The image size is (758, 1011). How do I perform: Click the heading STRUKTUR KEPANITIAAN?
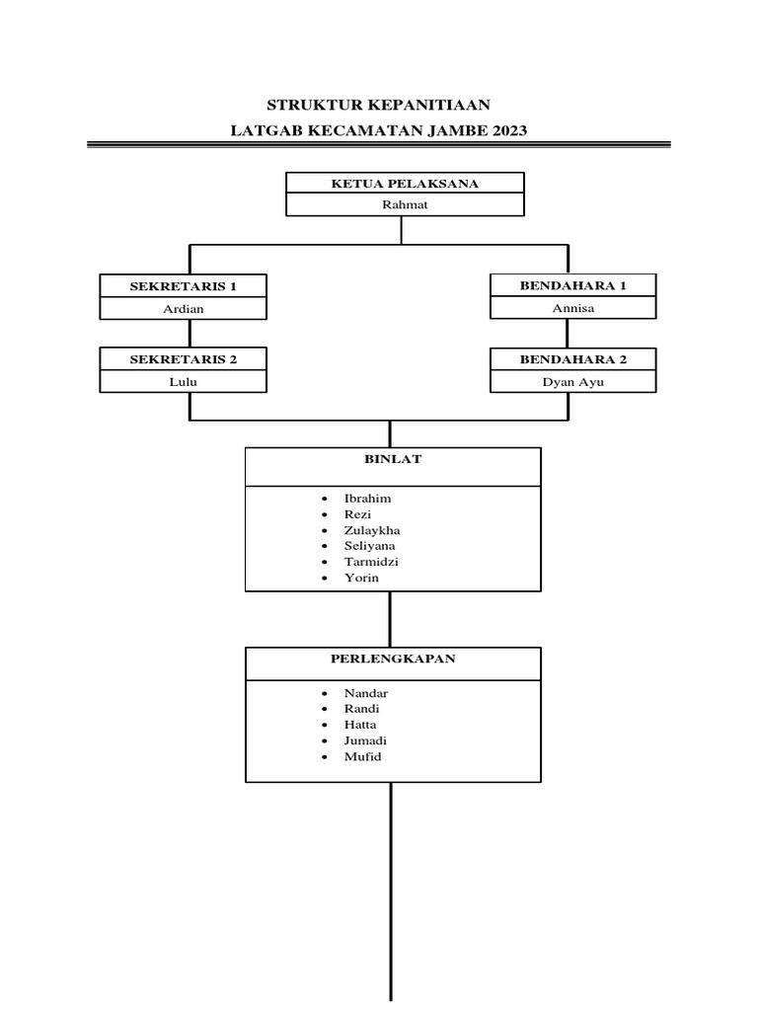point(379,105)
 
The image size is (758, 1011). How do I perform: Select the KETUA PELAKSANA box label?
point(405,184)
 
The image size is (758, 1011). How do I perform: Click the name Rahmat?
point(405,205)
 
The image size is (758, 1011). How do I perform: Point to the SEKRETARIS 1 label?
point(184,286)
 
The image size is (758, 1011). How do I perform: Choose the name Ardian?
point(184,308)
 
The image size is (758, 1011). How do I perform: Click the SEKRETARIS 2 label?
point(184,359)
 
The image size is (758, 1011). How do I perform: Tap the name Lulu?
point(184,382)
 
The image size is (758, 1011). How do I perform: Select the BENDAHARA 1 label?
point(573,285)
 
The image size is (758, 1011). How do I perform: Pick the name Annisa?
point(573,308)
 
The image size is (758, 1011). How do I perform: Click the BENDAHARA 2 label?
point(573,358)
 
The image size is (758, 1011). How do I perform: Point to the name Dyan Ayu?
point(573,382)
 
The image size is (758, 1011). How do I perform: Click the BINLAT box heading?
point(392,459)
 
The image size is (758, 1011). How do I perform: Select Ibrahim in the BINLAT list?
point(367,499)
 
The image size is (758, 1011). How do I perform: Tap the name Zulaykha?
point(372,530)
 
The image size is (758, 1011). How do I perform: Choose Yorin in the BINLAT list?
point(361,578)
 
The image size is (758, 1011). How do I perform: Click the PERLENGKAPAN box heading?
point(393,659)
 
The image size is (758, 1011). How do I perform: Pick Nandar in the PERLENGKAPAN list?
point(365,693)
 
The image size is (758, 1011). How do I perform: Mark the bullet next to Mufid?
point(324,757)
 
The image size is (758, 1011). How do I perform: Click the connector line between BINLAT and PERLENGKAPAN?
point(391,619)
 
